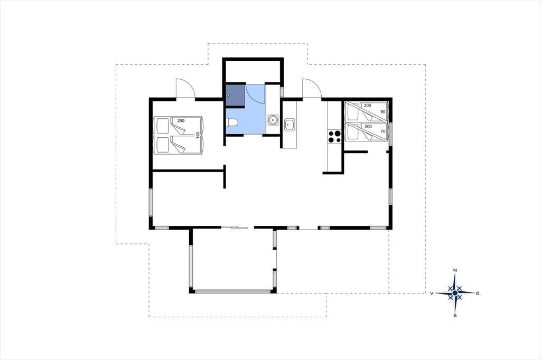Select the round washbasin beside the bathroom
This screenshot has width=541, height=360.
(x=273, y=120)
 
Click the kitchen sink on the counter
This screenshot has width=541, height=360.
(x=290, y=125)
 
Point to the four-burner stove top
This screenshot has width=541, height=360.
(x=334, y=136)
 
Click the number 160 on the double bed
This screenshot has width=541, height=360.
(x=198, y=135)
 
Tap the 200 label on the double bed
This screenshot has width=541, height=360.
(x=181, y=121)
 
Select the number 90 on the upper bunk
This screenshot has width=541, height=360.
(x=383, y=112)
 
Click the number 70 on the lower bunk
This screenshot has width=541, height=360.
(x=383, y=131)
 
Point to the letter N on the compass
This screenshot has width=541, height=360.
(x=455, y=270)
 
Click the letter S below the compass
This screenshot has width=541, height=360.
(x=455, y=315)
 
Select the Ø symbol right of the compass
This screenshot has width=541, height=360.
(x=478, y=293)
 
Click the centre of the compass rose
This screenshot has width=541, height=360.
(x=455, y=293)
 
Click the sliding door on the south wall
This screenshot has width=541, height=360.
(x=234, y=227)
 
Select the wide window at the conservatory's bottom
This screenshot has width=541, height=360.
(x=233, y=292)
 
